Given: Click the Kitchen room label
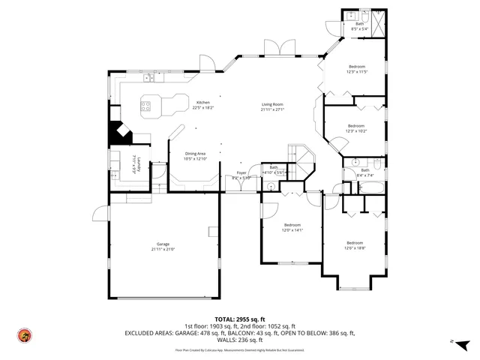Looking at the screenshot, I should [203, 103].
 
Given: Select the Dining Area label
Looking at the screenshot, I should [195, 154].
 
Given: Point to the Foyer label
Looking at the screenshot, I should [241, 173].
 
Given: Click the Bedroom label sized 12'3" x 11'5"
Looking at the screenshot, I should [356, 68].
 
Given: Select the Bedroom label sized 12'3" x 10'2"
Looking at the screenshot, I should [355, 126].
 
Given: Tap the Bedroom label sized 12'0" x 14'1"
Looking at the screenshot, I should [292, 225].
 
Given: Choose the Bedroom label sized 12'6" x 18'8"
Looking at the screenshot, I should [354, 242].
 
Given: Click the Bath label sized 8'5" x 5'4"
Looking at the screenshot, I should [359, 25].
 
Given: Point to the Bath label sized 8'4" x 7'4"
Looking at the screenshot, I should [365, 170].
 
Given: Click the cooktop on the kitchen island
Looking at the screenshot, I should [148, 105].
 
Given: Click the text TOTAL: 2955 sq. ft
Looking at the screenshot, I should [239, 319].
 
